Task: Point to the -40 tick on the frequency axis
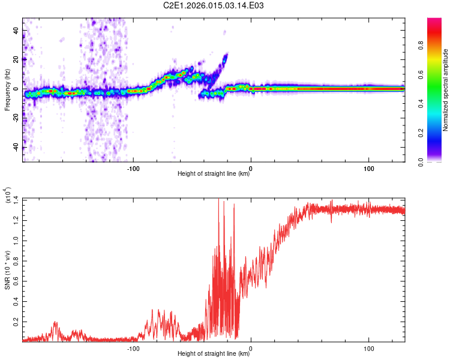pyautogui.click(x=14, y=148)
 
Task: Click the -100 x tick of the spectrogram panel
pyautogui.click(x=133, y=168)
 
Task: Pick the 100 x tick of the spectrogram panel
pyautogui.click(x=368, y=168)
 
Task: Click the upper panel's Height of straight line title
pyautogui.click(x=214, y=175)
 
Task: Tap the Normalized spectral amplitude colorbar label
pyautogui.click(x=446, y=90)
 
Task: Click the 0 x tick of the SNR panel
pyautogui.click(x=250, y=347)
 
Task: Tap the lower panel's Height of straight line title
pyautogui.click(x=214, y=354)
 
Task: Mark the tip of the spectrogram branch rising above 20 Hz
pyautogui.click(x=226, y=54)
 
